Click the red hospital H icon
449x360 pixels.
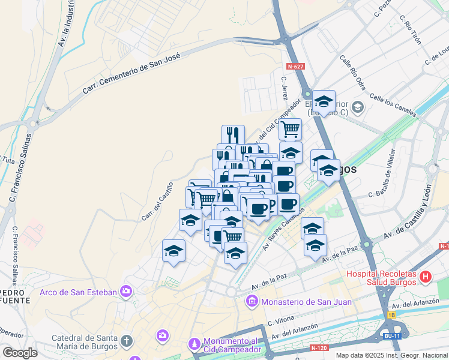pyautogui.click(x=426, y=277)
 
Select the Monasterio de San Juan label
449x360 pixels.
pyautogui.click(x=306, y=301)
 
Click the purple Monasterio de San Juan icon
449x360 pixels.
pyautogui.click(x=252, y=301)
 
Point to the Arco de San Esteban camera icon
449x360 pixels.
pyautogui.click(x=125, y=292)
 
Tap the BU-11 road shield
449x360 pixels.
pyautogui.click(x=393, y=336)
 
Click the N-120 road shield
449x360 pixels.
pyautogui.click(x=319, y=347)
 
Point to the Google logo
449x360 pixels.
pyautogui.click(x=20, y=353)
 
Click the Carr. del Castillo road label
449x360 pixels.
pyautogui.click(x=157, y=201)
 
